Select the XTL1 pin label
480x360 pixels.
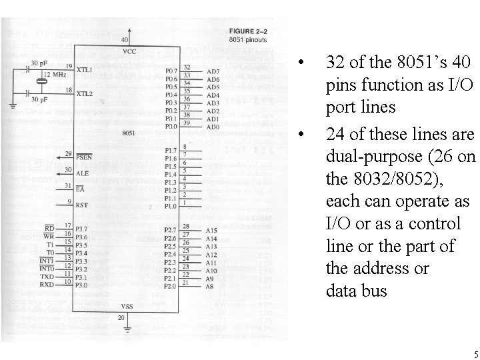(85, 69)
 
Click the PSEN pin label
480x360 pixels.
(85, 157)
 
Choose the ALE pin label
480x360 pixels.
(83, 172)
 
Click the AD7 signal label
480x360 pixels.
(213, 71)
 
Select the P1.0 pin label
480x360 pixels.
(171, 206)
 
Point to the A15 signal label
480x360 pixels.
(212, 230)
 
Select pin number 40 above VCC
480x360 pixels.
(125, 40)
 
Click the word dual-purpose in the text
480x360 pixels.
(367, 157)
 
